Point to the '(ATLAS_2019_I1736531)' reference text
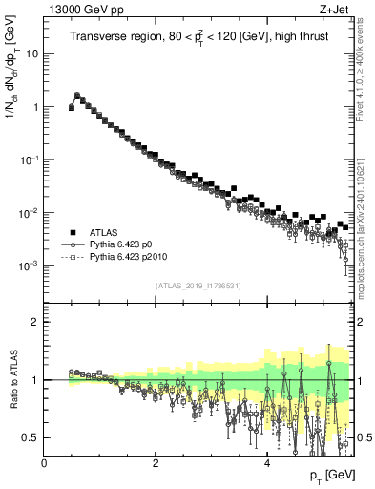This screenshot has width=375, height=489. [x=198, y=286]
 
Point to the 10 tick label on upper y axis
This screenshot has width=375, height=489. [x=31, y=54]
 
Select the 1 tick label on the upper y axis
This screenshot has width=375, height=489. [x=34, y=107]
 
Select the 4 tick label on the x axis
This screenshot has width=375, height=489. [x=267, y=463]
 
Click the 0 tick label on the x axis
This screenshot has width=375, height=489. [x=45, y=463]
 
